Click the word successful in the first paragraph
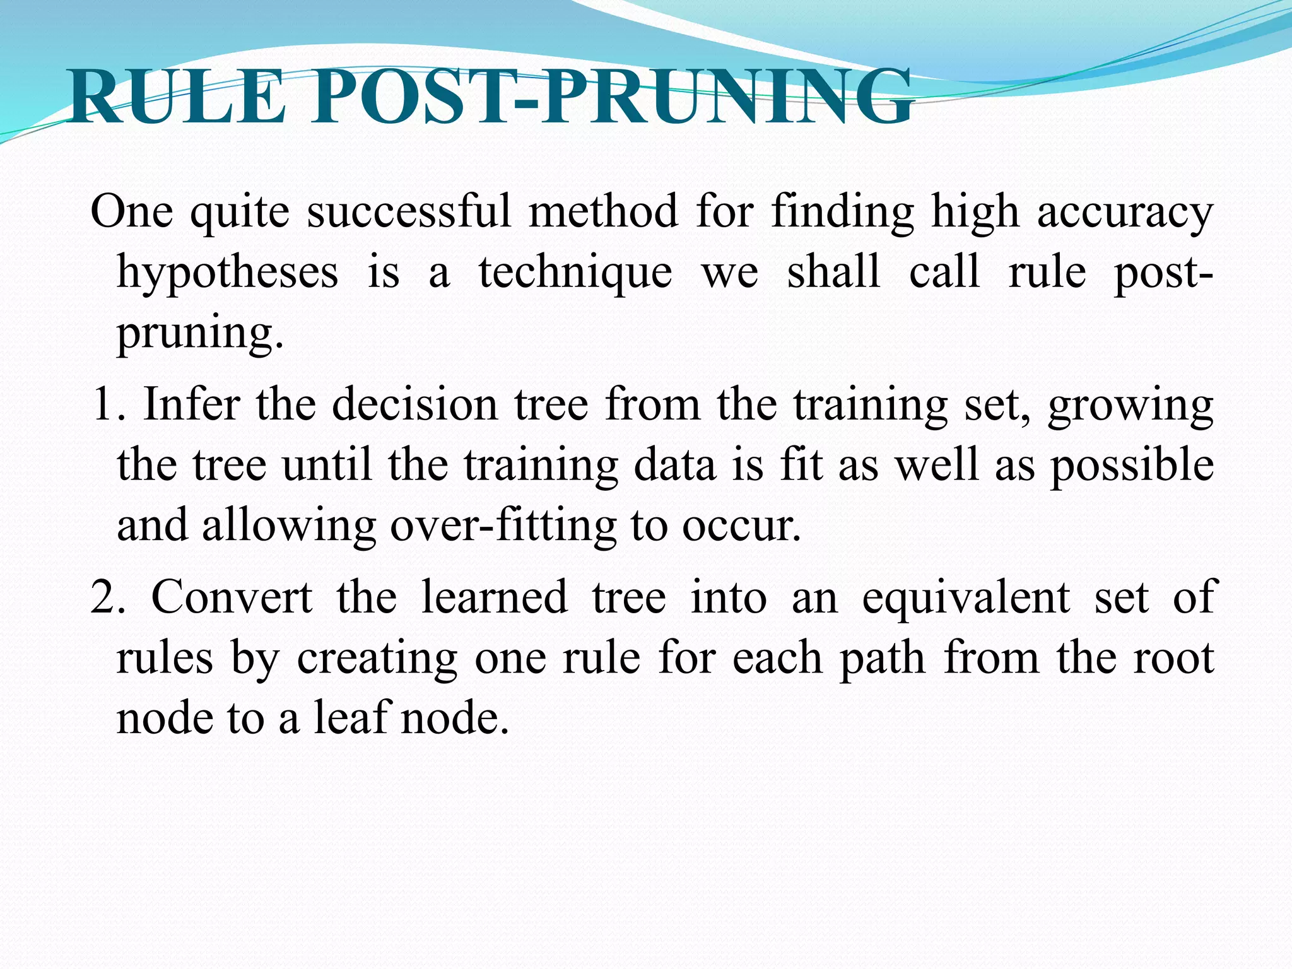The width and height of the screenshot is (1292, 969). tap(409, 211)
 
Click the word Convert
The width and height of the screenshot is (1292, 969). tap(232, 597)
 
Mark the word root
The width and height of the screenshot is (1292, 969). tap(1173, 658)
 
